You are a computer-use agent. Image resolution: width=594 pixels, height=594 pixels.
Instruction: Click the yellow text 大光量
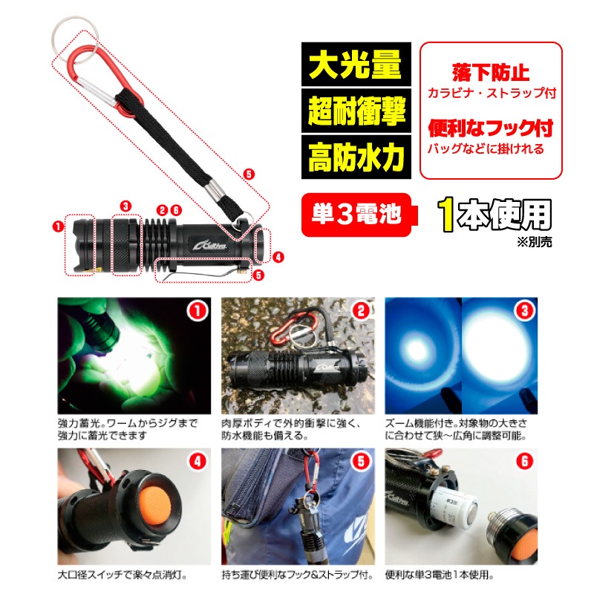356,65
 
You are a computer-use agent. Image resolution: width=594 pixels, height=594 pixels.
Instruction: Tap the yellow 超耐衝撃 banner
356,111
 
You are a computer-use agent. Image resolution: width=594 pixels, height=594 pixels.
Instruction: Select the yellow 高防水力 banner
356,157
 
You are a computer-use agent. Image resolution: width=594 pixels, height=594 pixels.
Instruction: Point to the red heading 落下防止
491,72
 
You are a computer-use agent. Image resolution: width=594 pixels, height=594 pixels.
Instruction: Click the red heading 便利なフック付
491,128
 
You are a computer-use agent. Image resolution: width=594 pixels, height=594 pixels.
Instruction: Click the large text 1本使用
495,215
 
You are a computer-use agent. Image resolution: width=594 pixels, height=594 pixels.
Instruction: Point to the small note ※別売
535,242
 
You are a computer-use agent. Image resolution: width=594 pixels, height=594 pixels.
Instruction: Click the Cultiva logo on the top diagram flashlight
209,245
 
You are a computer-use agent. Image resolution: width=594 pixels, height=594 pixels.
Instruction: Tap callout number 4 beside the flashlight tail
278,258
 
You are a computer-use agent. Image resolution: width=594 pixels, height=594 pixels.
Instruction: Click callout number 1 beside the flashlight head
58,226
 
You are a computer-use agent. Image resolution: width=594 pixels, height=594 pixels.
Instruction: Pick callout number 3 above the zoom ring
125,206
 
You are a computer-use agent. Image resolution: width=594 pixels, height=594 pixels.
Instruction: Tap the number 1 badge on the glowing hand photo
197,311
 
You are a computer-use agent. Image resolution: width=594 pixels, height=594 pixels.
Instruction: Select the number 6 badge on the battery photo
524,461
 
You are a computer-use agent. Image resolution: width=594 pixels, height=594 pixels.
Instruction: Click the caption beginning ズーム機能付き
456,429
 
